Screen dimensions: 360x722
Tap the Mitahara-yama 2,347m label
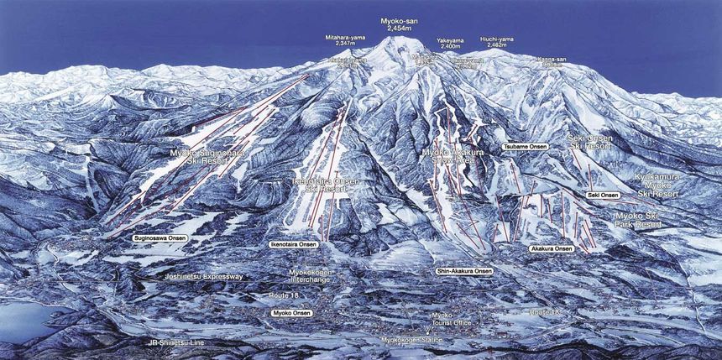pyautogui.click(x=344, y=41)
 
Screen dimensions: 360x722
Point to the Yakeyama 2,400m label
pyautogui.click(x=450, y=43)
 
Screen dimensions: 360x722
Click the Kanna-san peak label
pyautogui.click(x=552, y=61)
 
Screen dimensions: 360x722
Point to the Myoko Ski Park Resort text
pyautogui.click(x=650, y=220)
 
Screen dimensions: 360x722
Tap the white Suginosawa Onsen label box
pyautogui.click(x=159, y=239)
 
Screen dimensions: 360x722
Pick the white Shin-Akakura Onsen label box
pyautogui.click(x=464, y=272)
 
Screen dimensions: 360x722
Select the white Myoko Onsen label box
pyautogui.click(x=291, y=313)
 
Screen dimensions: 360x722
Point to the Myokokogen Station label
pyautogui.click(x=411, y=340)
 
